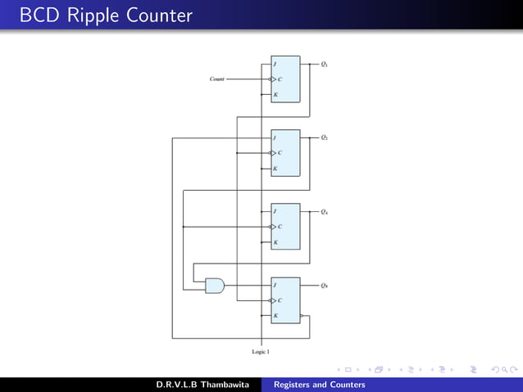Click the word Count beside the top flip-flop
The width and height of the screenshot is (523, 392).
pos(217,79)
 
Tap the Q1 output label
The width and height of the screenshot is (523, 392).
pos(325,64)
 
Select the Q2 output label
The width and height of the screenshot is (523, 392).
pos(325,137)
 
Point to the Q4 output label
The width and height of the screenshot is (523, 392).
pos(325,211)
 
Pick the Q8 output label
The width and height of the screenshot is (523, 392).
pos(325,285)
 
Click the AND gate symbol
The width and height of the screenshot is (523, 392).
pos(214,285)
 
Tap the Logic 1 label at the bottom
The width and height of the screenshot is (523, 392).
pos(261,351)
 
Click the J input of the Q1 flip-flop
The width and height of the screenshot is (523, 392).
pos(275,64)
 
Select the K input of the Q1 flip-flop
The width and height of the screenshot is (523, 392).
pos(275,95)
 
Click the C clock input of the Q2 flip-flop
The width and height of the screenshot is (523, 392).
pos(279,153)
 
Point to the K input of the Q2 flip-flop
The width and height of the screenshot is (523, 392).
pos(275,169)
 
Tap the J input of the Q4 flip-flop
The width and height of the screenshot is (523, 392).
pos(275,211)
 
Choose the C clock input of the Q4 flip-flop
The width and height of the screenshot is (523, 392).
pos(279,227)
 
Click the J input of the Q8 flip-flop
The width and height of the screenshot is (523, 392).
pos(275,285)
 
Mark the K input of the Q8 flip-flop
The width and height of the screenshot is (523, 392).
pos(275,316)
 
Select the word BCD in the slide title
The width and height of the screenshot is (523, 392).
pos(35,16)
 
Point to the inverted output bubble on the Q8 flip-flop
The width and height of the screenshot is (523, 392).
pos(302,316)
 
